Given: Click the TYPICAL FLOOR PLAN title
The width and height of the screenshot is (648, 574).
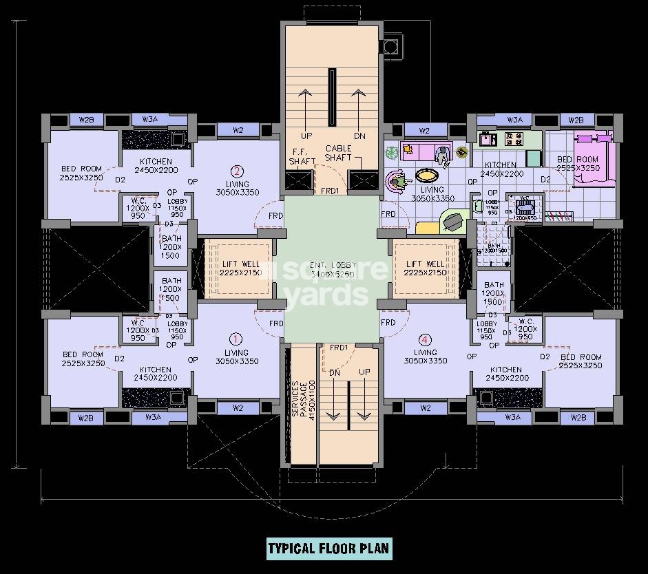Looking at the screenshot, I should (328, 549).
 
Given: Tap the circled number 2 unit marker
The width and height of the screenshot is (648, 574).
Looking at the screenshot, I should (237, 172).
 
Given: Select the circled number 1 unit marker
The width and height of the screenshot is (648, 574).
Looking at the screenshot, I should (236, 339).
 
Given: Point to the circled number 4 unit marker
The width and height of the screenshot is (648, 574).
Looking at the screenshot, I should (425, 339).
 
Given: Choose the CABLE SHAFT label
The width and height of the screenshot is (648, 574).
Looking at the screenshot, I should (338, 153).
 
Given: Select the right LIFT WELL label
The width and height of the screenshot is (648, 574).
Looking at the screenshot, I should (425, 268).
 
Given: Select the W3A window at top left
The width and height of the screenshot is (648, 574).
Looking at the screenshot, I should (151, 120).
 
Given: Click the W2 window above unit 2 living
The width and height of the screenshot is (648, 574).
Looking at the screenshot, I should (238, 130).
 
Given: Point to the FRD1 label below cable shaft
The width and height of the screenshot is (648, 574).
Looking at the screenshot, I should (329, 191).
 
